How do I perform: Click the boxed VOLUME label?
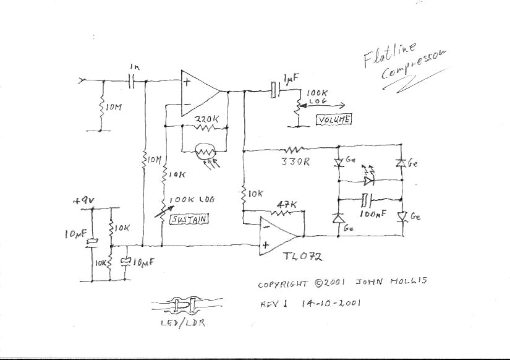tap(334, 119)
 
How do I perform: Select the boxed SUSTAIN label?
tap(189, 219)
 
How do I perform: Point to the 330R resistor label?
tap(295, 163)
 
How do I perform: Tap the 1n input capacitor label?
tap(135, 66)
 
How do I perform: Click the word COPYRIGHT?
tap(283, 285)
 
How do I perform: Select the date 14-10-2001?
tap(332, 304)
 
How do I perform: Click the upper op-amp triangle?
tap(200, 93)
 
